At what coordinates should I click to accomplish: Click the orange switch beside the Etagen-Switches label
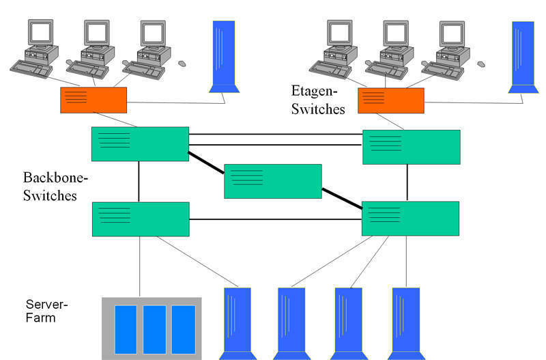pyautogui.click(x=391, y=100)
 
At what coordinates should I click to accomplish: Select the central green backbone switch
pyautogui.click(x=272, y=181)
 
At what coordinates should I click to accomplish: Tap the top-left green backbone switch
pyautogui.click(x=140, y=144)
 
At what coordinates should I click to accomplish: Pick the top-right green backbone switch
pyautogui.click(x=411, y=147)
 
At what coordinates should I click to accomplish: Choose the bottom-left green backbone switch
pyautogui.click(x=141, y=219)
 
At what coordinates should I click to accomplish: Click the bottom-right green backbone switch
pyautogui.click(x=410, y=218)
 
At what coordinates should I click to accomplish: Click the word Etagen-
pyautogui.click(x=315, y=91)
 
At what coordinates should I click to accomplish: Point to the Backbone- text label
pyautogui.click(x=55, y=178)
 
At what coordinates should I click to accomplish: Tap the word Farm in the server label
pyautogui.click(x=40, y=318)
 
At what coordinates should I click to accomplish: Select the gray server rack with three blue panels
pyautogui.click(x=152, y=329)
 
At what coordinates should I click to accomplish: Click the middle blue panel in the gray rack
pyautogui.click(x=154, y=329)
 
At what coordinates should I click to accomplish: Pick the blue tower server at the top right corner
pyautogui.click(x=523, y=55)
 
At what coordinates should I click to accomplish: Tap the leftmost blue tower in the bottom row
pyautogui.click(x=237, y=322)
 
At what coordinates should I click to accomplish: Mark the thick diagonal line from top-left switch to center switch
pyautogui.click(x=206, y=165)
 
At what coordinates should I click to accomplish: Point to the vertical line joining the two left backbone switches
pyautogui.click(x=139, y=182)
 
